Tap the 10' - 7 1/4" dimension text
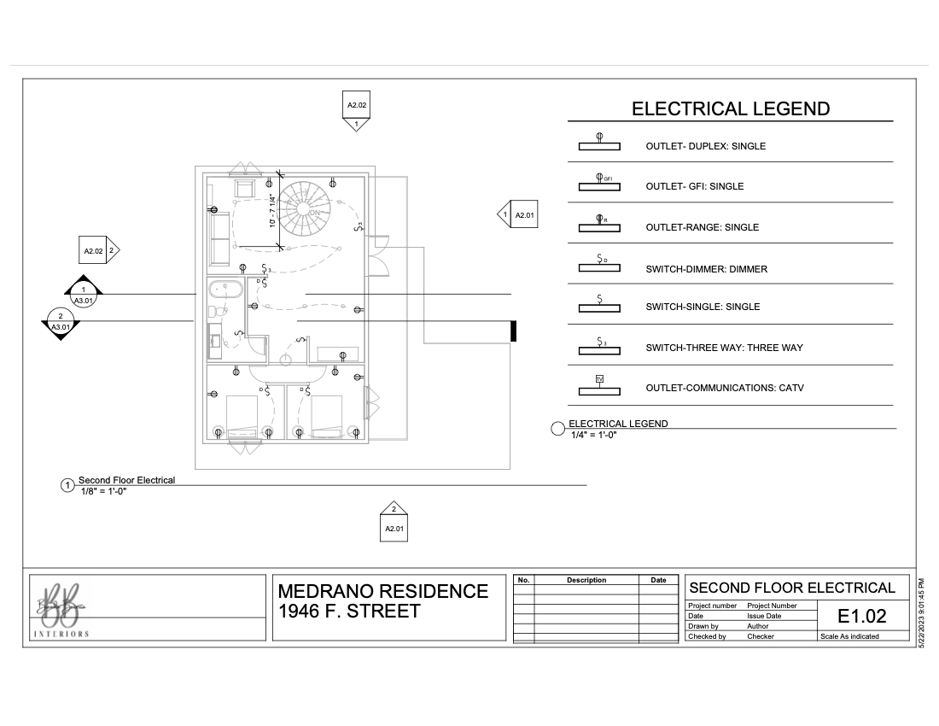(272, 211)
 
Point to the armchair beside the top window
(246, 189)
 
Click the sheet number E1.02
(861, 616)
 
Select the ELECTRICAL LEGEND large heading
(730, 108)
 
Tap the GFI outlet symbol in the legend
(600, 184)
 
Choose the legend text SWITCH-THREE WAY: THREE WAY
(724, 348)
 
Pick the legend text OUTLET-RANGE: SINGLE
(702, 227)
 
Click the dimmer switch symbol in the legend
(600, 264)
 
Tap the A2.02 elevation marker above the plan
(357, 109)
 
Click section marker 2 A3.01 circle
(61, 321)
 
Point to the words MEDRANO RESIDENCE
(383, 591)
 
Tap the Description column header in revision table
(586, 580)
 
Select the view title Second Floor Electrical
(126, 480)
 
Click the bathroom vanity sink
(216, 342)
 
